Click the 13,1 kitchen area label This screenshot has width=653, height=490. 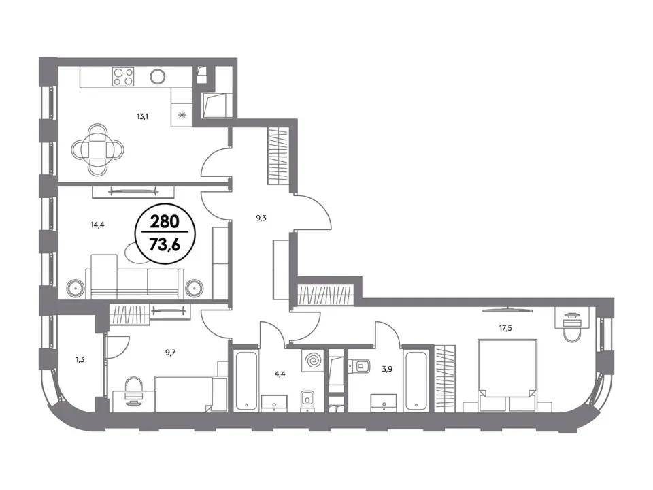click(142, 116)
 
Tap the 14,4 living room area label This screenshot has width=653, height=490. click(97, 225)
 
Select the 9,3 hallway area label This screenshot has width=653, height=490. click(261, 218)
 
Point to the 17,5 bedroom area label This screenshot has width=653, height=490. click(505, 328)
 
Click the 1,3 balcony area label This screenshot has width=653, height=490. click(80, 359)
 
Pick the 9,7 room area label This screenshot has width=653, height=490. click(170, 353)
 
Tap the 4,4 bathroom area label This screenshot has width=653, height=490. click(280, 374)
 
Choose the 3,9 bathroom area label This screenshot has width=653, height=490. click(387, 369)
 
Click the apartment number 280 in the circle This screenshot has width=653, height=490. click(165, 221)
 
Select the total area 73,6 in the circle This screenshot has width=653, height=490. click(165, 245)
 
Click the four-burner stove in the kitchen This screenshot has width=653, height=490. click(123, 77)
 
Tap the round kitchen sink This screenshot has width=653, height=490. click(157, 76)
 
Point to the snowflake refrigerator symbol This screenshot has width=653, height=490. click(182, 115)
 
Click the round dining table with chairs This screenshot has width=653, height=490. click(97, 149)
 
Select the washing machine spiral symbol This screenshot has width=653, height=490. click(312, 359)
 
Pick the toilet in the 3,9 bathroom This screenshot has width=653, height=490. click(361, 366)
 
